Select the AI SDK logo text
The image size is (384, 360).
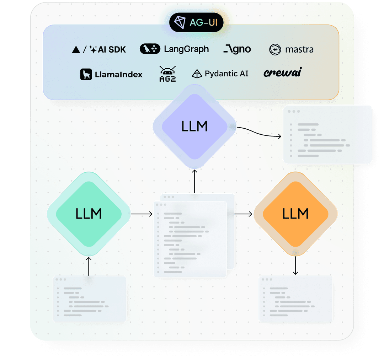tap(112, 49)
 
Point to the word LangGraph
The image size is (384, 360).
tap(186, 49)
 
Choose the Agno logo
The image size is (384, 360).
tap(237, 49)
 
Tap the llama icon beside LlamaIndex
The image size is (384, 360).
tap(86, 74)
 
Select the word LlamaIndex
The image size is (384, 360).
tap(119, 75)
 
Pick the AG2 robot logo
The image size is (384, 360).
tap(167, 74)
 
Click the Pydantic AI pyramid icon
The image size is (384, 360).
tap(197, 74)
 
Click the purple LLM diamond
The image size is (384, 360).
tap(194, 127)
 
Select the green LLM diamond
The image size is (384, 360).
tap(89, 214)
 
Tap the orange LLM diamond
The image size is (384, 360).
tap(295, 214)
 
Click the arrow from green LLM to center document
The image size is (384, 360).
tap(142, 214)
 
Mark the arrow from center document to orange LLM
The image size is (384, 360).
tap(244, 214)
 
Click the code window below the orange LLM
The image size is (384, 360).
tap(295, 299)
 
